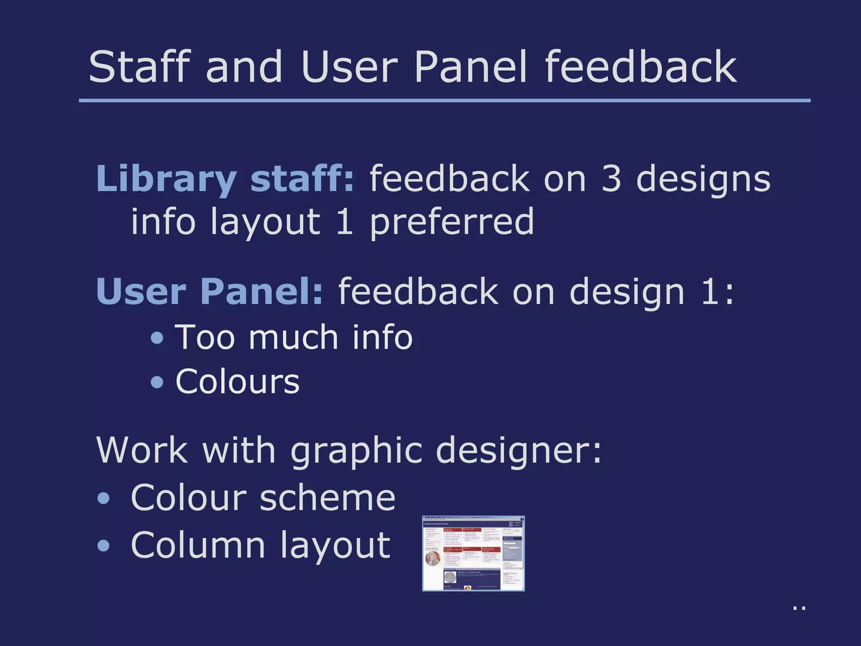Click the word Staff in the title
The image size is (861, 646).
[139, 67]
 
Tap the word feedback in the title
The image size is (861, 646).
[640, 67]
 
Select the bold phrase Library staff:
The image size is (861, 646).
[225, 179]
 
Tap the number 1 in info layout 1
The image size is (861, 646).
[345, 222]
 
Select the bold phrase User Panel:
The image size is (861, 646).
[209, 291]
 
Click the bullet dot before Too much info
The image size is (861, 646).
[157, 338]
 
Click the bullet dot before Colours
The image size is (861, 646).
[157, 382]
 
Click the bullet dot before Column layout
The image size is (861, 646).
[103, 546]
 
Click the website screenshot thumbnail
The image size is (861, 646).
[473, 553]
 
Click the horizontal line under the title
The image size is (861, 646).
[444, 101]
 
